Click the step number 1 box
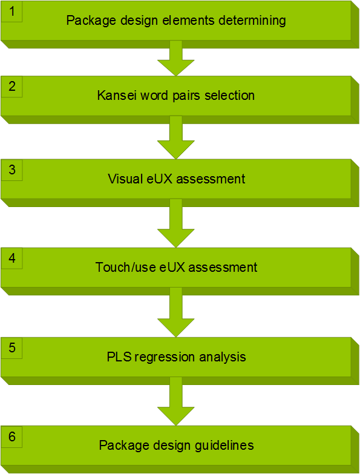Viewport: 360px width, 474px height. point(11,12)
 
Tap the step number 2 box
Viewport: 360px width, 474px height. point(11,87)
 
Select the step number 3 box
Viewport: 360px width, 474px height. point(11,170)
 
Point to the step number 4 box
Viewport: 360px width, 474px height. point(11,258)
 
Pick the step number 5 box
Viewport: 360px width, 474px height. point(11,348)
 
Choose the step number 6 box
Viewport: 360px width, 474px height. point(11,436)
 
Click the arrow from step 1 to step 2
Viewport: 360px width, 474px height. point(176,58)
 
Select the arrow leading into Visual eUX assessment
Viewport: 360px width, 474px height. point(176,137)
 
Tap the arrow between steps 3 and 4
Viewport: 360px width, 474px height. point(176,223)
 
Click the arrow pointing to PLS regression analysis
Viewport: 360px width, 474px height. point(176,312)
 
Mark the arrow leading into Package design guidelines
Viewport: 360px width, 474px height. point(176,401)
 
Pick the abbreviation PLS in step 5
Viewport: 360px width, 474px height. point(119,357)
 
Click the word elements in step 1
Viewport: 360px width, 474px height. point(189,21)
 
